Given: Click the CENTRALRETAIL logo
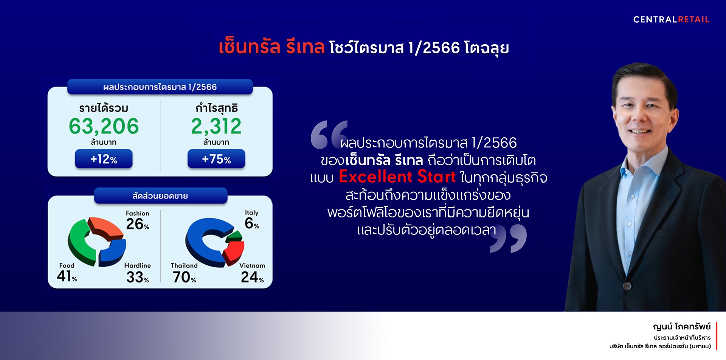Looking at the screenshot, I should pyautogui.click(x=671, y=20).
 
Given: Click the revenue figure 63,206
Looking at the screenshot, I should pyautogui.click(x=104, y=126).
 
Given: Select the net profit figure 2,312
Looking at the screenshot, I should pyautogui.click(x=216, y=126).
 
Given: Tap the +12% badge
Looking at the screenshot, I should pyautogui.click(x=104, y=159).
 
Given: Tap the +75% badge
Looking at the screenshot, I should pyautogui.click(x=216, y=159).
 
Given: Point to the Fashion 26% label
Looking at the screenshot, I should pyautogui.click(x=138, y=221).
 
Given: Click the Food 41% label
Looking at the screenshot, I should pyautogui.click(x=67, y=273).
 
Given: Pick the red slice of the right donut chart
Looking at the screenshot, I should pyautogui.click(x=234, y=251).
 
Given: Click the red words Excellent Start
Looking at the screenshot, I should pyautogui.click(x=397, y=177).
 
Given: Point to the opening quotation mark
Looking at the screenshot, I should pyautogui.click(x=328, y=135).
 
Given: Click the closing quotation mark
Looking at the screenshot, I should pyautogui.click(x=508, y=238).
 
